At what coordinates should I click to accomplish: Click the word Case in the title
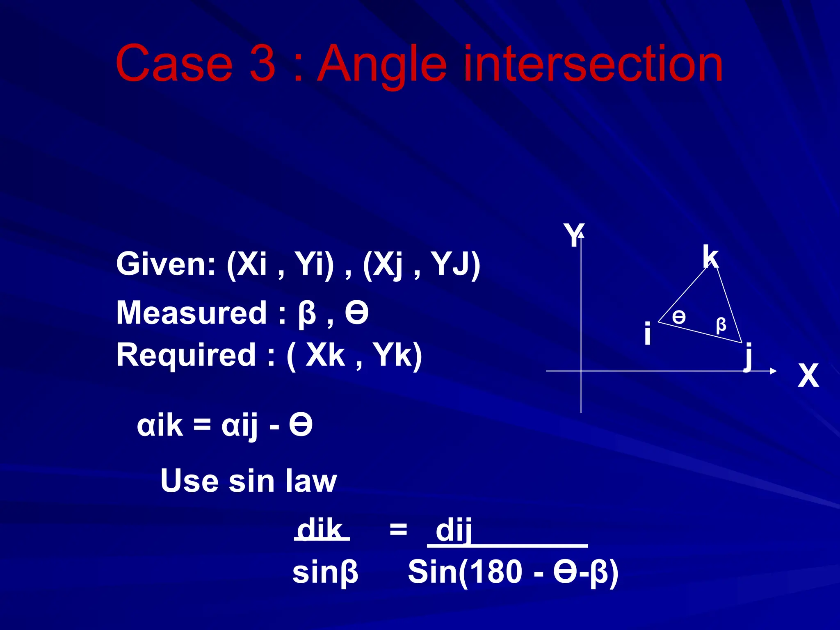[174, 64]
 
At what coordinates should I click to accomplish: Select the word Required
[186, 355]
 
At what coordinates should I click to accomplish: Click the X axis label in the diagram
[808, 375]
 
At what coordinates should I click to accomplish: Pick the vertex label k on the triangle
[710, 257]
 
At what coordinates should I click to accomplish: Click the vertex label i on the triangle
[647, 333]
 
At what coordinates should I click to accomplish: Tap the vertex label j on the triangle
[749, 356]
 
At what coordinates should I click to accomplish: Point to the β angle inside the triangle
[721, 325]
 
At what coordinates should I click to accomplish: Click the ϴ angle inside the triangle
[679, 317]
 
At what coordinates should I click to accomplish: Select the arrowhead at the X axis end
[773, 371]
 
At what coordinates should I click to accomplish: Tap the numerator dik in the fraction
[320, 530]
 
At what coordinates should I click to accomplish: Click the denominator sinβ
[325, 573]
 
